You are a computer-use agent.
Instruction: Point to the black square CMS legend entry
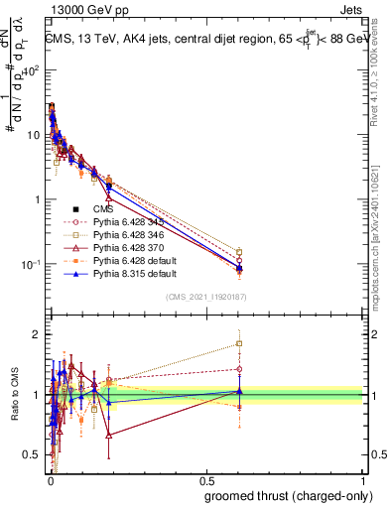pyautogui.click(x=76, y=209)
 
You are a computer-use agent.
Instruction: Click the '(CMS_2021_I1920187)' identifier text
pyautogui.click(x=206, y=296)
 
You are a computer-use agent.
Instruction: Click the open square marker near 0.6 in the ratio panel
pyautogui.click(x=238, y=344)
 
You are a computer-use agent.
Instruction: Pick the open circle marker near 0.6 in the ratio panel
pyautogui.click(x=238, y=369)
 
